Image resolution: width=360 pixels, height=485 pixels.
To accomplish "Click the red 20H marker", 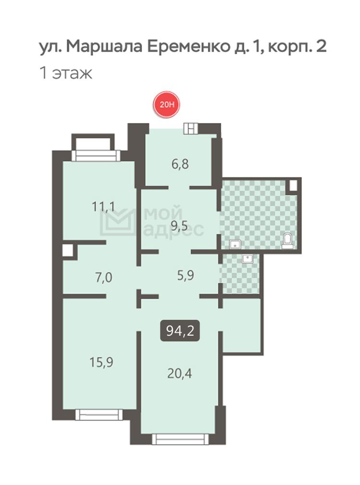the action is click(x=167, y=105).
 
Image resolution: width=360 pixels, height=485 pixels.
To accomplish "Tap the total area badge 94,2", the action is click(x=180, y=331).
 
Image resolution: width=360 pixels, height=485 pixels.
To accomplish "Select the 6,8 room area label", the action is click(x=180, y=164).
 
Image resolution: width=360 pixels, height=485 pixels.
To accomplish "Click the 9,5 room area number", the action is click(x=180, y=227).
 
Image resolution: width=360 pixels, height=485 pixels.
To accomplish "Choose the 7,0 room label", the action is click(x=104, y=278).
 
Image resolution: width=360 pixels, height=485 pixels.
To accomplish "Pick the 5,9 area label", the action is click(x=186, y=275).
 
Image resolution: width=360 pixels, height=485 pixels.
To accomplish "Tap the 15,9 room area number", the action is click(x=101, y=362).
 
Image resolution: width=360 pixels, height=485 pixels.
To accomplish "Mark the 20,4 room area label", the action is click(x=180, y=374).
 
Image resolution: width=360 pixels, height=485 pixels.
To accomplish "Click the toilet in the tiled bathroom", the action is click(x=288, y=241).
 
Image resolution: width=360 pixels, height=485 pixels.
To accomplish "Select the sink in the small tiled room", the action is click(x=247, y=258).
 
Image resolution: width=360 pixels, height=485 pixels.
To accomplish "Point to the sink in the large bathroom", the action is click(x=236, y=244).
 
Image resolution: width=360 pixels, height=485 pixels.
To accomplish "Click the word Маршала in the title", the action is click(x=104, y=47).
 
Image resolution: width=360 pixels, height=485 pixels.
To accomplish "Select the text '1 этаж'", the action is click(x=66, y=73).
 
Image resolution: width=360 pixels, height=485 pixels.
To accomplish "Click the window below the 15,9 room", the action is click(x=99, y=414).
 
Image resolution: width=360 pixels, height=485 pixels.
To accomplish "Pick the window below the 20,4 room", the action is click(x=180, y=439).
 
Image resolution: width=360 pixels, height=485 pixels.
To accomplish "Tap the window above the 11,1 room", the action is click(x=96, y=156).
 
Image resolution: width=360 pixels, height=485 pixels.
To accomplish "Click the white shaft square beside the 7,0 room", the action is click(x=68, y=250).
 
